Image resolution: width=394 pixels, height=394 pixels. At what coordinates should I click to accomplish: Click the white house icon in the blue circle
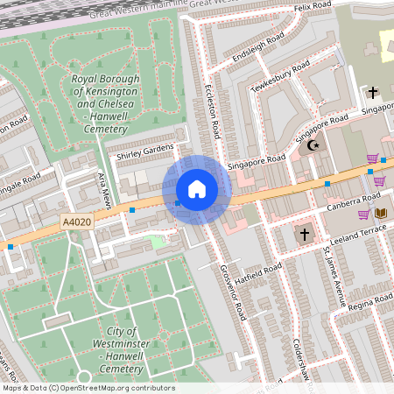(196, 189)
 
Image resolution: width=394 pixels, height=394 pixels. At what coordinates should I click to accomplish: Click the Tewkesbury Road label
(279, 77)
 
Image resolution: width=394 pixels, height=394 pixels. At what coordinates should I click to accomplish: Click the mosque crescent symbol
(313, 144)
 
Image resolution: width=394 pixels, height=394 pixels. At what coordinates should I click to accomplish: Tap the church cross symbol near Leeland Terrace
(305, 234)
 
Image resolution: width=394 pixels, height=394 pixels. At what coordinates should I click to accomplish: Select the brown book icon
(380, 213)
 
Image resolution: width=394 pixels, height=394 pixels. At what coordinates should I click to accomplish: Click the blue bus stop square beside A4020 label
(132, 210)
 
